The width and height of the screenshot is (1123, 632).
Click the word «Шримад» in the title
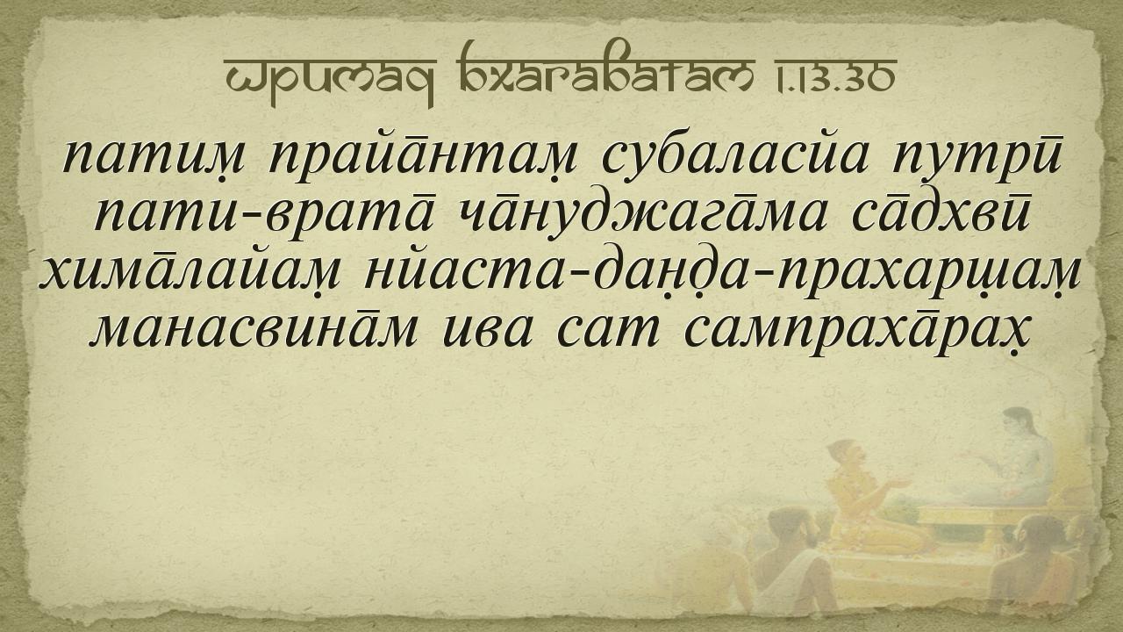(x=329, y=78)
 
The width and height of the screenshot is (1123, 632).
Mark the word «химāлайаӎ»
(x=191, y=276)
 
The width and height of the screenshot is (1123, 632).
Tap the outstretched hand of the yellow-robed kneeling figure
(x=900, y=484)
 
